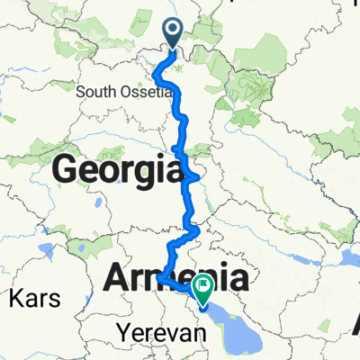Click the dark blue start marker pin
[174, 33]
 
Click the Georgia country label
[113, 167]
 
